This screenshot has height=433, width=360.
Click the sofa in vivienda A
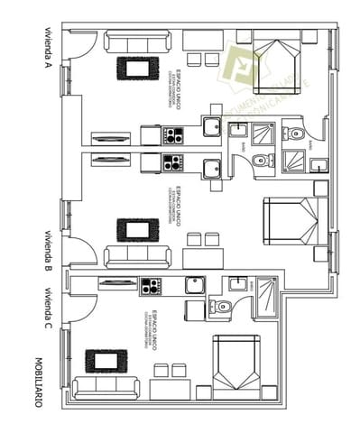pos(138,41)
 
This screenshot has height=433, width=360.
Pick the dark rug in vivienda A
pos(136,69)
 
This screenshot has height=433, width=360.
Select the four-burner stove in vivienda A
pos(172,135)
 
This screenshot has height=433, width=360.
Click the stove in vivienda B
pos(172,163)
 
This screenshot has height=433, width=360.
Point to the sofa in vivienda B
pos(137,257)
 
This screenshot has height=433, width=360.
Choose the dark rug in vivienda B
pos(136,230)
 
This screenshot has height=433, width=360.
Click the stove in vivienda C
pos(152,286)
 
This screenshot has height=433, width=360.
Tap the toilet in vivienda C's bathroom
pos(222,307)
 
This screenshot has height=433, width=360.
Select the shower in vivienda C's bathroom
pos(268,297)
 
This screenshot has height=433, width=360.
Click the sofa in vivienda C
pos(105,389)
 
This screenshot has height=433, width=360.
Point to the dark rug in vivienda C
pos(106,361)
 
